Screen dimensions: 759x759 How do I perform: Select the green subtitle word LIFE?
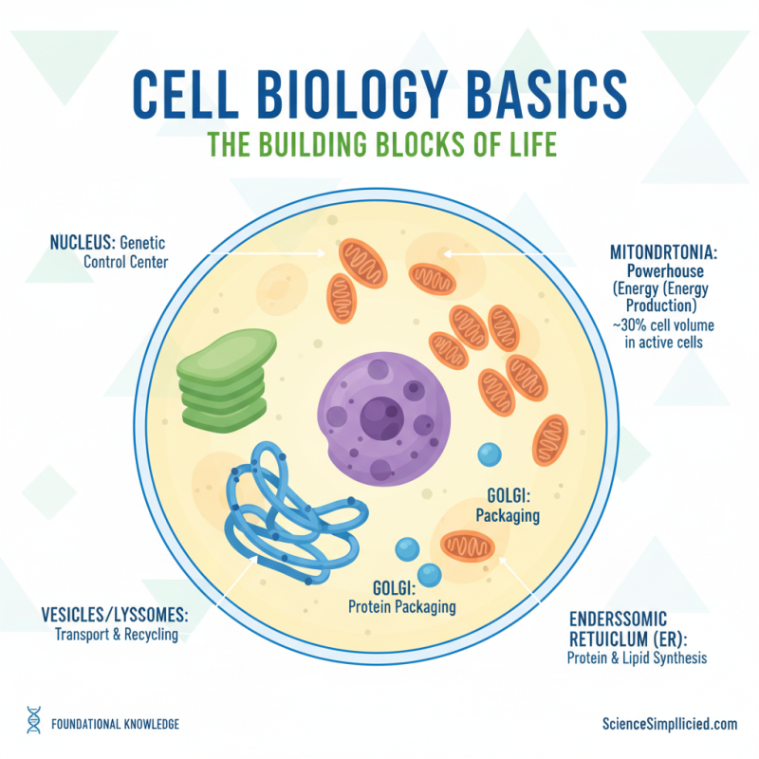[524, 145]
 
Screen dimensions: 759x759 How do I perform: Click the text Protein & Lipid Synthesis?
[637, 657]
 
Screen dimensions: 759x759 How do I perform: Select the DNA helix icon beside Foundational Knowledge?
[33, 722]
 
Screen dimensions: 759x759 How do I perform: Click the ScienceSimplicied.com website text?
[670, 723]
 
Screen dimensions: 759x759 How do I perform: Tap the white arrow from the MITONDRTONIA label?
[503, 253]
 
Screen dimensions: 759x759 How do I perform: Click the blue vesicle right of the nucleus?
[489, 454]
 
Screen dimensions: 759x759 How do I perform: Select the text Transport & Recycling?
[118, 635]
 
